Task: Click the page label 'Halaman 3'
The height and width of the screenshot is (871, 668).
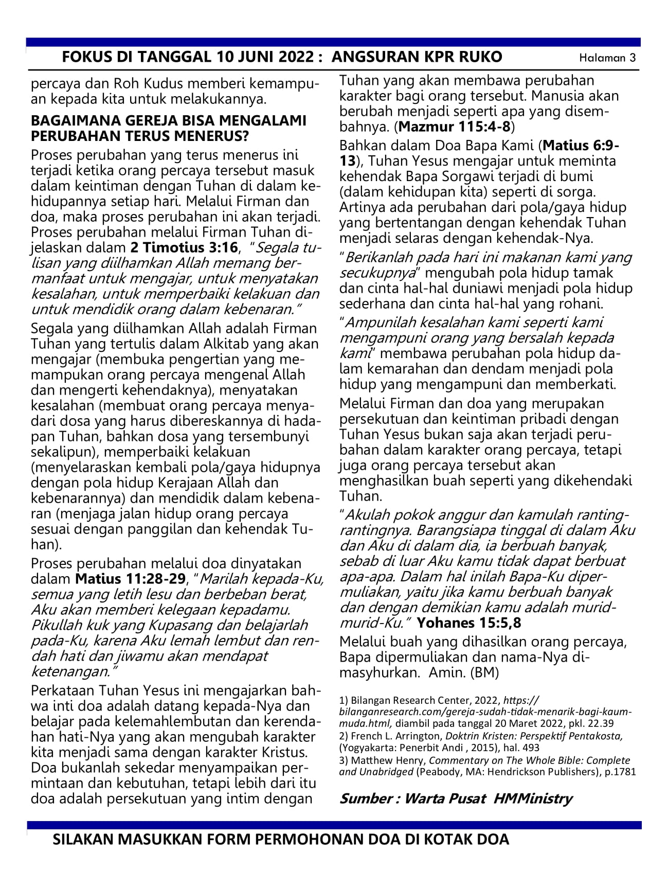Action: [x=607, y=58]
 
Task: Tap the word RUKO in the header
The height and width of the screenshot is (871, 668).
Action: [x=479, y=57]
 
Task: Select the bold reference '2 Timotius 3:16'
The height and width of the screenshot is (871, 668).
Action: [x=184, y=247]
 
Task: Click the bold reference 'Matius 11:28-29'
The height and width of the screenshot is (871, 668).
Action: [x=130, y=579]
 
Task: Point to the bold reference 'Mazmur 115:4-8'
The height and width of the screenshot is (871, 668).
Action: [x=455, y=126]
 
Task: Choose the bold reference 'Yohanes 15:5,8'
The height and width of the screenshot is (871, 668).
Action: [x=469, y=623]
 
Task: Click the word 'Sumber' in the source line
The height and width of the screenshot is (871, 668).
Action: [x=366, y=798]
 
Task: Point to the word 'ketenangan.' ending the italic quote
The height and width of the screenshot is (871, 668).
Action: [x=73, y=671]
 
